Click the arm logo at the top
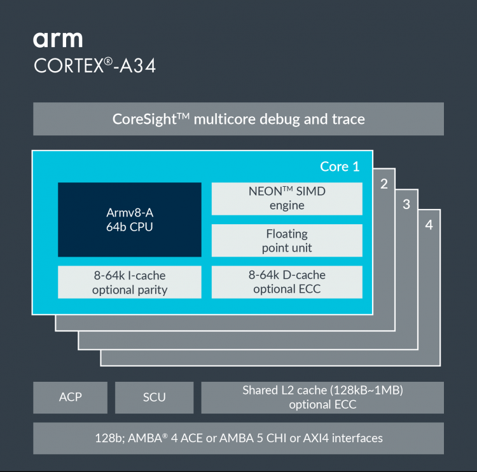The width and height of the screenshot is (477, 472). point(58,39)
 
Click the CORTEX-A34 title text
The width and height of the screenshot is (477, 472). point(94,66)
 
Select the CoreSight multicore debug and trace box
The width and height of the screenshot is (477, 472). point(238,119)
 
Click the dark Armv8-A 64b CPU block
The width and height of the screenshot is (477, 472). point(130,220)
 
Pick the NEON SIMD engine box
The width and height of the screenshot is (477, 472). point(287,198)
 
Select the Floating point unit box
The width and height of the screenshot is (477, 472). point(287,241)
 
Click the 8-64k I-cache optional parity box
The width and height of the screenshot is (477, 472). point(130,282)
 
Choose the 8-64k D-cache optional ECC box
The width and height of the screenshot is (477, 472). point(287,282)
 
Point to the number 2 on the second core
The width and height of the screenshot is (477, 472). point(384,184)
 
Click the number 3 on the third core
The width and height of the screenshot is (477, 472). point(406,205)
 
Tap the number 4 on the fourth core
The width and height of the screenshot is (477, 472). point(429,225)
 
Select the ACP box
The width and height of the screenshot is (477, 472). point(71,397)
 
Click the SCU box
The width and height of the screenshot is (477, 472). point(154,397)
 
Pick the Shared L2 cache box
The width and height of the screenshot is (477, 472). point(322,397)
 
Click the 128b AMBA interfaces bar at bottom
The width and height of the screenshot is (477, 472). point(238,438)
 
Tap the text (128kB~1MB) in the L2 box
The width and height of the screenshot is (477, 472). point(367,390)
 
